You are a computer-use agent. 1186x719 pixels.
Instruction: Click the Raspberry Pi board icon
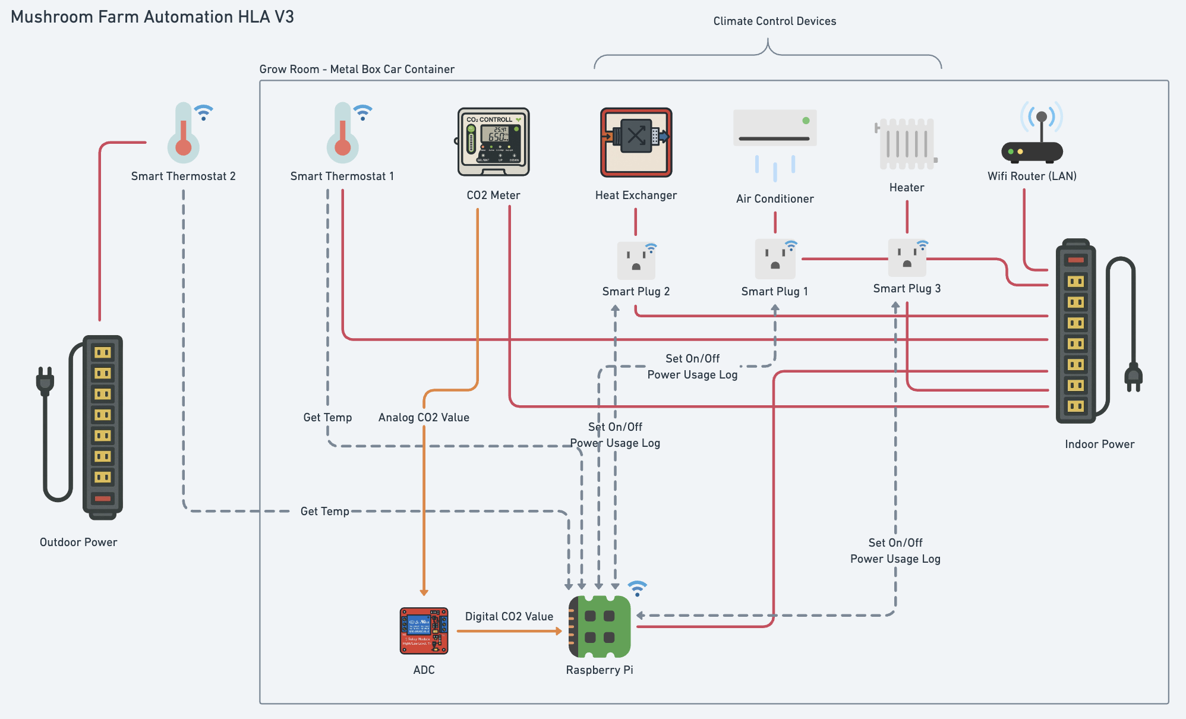coord(600,626)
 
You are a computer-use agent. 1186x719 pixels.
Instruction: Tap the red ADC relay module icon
coord(424,630)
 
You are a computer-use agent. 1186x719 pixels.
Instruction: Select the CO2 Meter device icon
coord(493,141)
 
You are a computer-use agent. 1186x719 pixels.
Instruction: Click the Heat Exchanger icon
coord(636,142)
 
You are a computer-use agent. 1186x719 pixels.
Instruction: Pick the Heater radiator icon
coord(906,144)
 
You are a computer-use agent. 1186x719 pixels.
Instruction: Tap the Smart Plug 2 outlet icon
coord(636,260)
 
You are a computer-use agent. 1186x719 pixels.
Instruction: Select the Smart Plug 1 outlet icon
coord(775,259)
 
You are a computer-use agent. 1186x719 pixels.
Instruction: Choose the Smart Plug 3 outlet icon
coord(907,258)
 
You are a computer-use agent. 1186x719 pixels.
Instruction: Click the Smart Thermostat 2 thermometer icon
coord(184,134)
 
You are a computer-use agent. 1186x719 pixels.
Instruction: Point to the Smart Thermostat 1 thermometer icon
coord(343,134)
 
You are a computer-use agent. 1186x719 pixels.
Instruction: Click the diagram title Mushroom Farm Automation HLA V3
coord(152,17)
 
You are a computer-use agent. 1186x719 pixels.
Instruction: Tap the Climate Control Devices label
coord(774,21)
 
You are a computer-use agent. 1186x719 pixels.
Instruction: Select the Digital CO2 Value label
coord(509,616)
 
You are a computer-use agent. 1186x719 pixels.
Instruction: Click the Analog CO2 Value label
coord(424,417)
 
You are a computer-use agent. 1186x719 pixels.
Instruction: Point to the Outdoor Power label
coord(78,542)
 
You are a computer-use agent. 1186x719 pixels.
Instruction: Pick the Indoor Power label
coord(1099,444)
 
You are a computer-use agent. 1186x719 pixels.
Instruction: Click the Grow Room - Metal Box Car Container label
coord(357,69)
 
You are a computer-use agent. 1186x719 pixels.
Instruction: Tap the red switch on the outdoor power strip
coord(103,498)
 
